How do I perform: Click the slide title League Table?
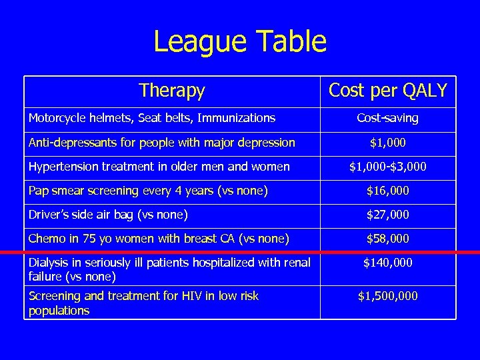tap(240, 41)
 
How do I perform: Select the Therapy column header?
tap(172, 91)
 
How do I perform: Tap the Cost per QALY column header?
tap(388, 91)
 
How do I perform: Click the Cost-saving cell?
tap(388, 118)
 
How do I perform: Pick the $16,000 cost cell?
tap(388, 191)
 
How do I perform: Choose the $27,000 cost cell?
tap(388, 215)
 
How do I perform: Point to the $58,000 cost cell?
tap(388, 239)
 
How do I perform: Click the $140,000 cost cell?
tap(388, 263)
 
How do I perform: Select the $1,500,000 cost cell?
tap(388, 295)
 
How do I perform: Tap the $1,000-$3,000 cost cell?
tap(388, 167)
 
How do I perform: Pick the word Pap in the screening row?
tap(37, 191)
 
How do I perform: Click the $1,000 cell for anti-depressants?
tap(388, 143)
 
